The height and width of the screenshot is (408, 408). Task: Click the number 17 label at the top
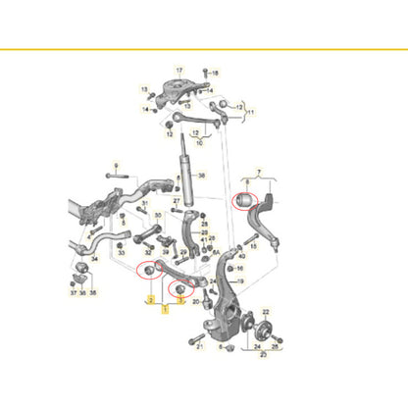(x=179, y=71)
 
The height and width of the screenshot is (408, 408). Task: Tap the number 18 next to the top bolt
(x=217, y=73)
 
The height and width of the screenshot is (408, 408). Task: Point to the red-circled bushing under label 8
(x=248, y=202)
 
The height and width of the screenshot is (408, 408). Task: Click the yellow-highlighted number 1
(x=166, y=307)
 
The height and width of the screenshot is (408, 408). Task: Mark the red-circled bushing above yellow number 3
(x=180, y=288)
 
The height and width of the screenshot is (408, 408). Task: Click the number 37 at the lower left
(x=72, y=292)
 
